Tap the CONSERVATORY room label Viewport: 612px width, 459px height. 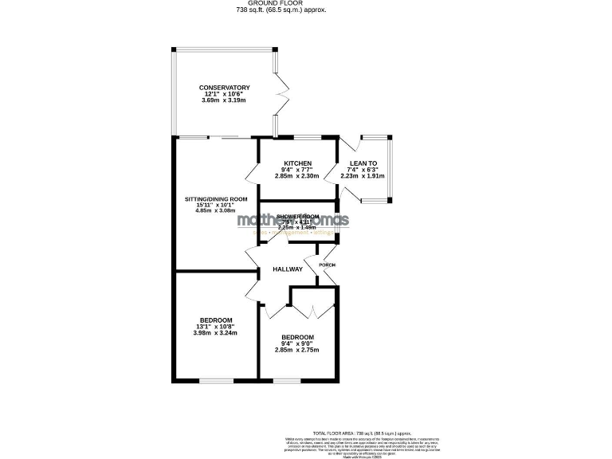pyautogui.click(x=225, y=88)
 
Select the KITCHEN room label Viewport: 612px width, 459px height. pyautogui.click(x=296, y=163)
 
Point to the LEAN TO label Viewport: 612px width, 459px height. pyautogui.click(x=363, y=163)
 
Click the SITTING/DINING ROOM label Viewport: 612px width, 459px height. pyautogui.click(x=216, y=199)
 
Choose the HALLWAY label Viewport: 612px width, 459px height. pyautogui.click(x=288, y=269)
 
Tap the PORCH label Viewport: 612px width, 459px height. pyautogui.click(x=327, y=265)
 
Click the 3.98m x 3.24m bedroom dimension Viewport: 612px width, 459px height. pyautogui.click(x=216, y=332)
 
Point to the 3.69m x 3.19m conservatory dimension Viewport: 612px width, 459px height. pyautogui.click(x=225, y=100)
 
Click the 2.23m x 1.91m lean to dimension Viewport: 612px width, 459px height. pyautogui.click(x=363, y=176)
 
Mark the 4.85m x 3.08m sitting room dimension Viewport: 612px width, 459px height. pyautogui.click(x=216, y=211)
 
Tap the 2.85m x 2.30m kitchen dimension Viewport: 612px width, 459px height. pyautogui.click(x=296, y=176)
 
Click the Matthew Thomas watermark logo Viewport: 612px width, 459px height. pyautogui.click(x=292, y=223)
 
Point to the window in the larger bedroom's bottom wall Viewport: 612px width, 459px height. pyautogui.click(x=216, y=380)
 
